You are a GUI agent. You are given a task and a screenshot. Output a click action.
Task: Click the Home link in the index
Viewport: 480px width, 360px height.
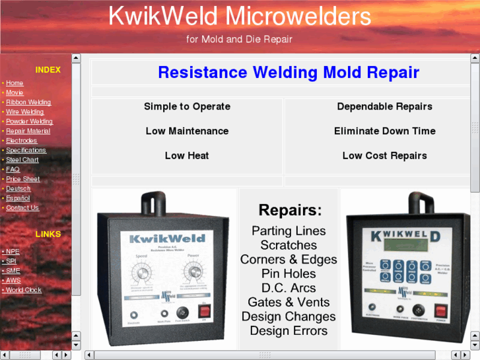15,83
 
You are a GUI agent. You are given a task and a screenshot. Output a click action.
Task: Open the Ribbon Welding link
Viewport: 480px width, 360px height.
28,102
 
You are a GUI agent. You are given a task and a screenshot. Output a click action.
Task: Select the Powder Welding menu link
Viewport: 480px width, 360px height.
29,122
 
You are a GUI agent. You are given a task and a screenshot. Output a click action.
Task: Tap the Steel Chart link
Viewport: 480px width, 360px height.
22,160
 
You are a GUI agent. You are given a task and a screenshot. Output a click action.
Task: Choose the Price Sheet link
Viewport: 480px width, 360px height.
22,179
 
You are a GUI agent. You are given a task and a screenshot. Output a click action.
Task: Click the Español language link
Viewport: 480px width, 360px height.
18,198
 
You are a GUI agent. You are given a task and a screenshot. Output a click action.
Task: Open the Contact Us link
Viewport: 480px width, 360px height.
22,208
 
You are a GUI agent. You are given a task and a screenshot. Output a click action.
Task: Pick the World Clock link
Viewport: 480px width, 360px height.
24,290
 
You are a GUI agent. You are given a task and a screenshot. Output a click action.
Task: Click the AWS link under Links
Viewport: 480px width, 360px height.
13,281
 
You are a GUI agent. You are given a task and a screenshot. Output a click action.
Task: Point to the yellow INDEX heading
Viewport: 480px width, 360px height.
48,70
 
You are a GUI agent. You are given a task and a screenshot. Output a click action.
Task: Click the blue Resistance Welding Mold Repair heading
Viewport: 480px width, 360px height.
289,73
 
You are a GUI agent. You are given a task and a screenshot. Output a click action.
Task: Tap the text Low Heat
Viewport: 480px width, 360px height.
187,156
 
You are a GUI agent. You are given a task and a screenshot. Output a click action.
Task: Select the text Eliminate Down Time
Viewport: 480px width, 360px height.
384,131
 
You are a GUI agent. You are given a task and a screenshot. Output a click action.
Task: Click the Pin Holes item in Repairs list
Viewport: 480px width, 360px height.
289,273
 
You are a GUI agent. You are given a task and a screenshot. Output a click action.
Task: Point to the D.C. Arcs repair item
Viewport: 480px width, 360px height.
289,288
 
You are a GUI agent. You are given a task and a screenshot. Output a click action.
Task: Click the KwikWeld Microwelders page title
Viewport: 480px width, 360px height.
240,16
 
